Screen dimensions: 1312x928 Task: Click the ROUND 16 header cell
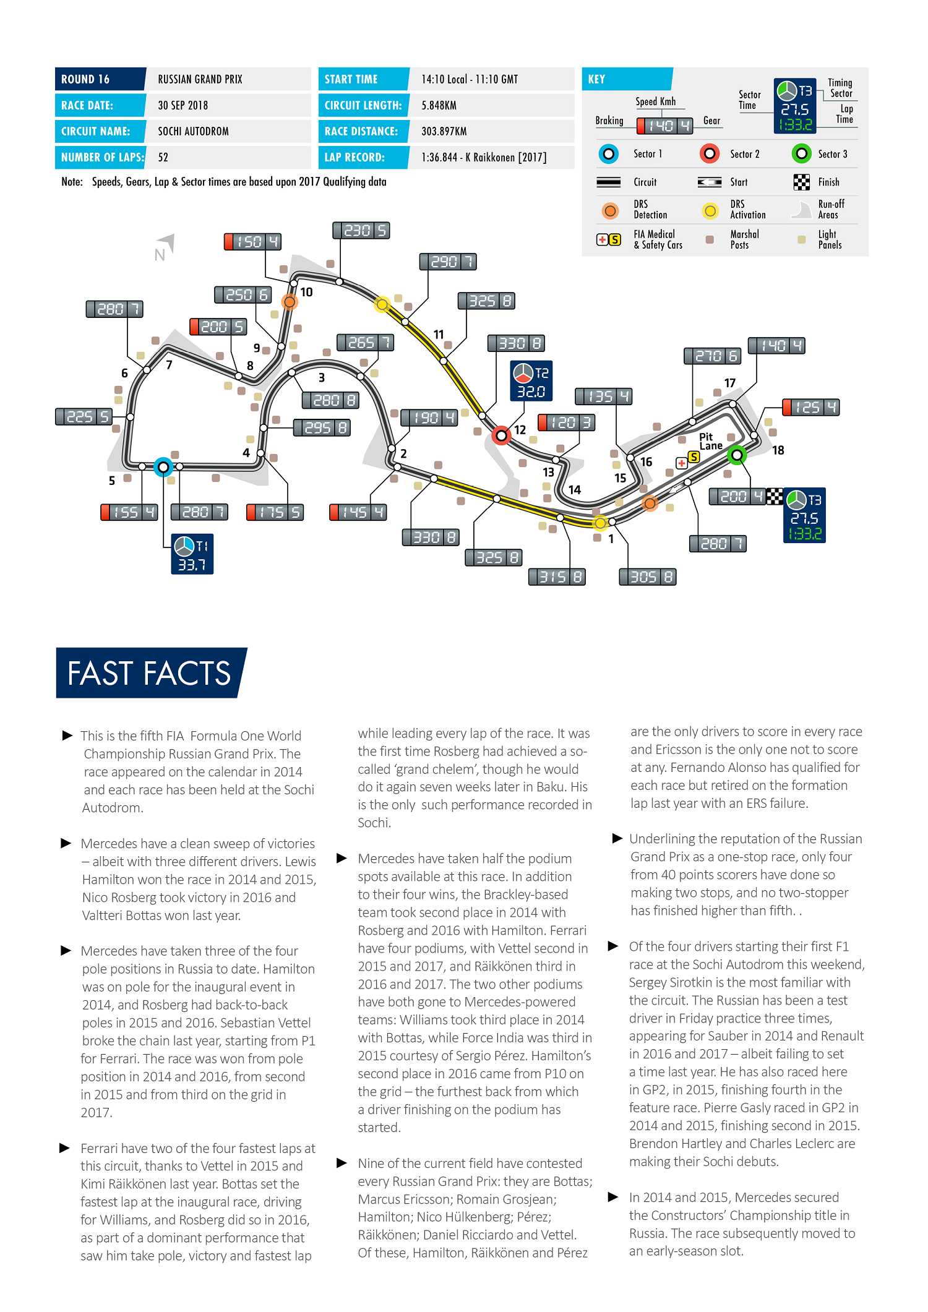point(100,79)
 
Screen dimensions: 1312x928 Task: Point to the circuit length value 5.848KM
point(439,105)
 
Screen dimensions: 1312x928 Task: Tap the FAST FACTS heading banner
point(150,673)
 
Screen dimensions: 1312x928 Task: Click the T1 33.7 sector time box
point(192,554)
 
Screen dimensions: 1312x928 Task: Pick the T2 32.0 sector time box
point(531,381)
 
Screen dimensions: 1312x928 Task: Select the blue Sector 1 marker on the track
point(163,466)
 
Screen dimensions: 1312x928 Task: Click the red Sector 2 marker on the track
point(502,435)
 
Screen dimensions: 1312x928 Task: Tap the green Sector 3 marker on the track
point(736,456)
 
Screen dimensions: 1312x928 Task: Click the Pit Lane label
point(710,441)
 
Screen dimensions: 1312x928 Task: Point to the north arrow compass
point(165,246)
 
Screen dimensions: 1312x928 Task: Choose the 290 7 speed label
point(448,262)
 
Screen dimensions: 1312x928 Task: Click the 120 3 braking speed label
point(566,422)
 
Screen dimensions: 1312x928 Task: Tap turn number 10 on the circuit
point(306,292)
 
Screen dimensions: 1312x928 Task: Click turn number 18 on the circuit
point(778,450)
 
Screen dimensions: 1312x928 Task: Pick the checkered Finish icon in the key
point(801,182)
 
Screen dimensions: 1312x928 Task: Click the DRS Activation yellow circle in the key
point(710,211)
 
